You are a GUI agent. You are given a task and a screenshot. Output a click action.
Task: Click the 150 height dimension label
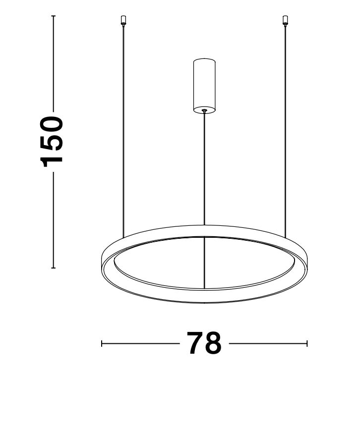click(51, 142)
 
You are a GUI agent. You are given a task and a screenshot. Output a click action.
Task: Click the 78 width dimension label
click(204, 343)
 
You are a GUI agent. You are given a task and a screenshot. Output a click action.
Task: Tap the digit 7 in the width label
click(195, 343)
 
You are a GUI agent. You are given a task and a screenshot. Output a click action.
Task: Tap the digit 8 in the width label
click(213, 343)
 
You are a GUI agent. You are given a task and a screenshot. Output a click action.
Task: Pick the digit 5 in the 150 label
click(51, 144)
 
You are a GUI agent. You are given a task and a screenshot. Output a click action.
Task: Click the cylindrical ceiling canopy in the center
click(204, 86)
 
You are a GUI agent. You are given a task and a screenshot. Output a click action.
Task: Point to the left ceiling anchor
click(123, 21)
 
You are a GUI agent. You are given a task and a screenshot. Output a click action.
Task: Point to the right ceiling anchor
click(285, 21)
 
